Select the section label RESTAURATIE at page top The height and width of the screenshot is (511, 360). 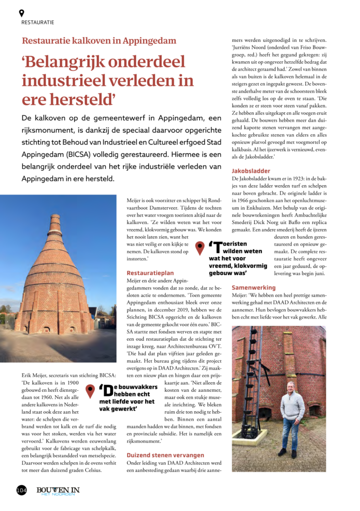tap(38, 22)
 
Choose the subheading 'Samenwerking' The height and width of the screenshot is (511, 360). tap(253, 288)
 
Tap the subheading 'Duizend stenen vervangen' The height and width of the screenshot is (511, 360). tap(165, 455)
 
